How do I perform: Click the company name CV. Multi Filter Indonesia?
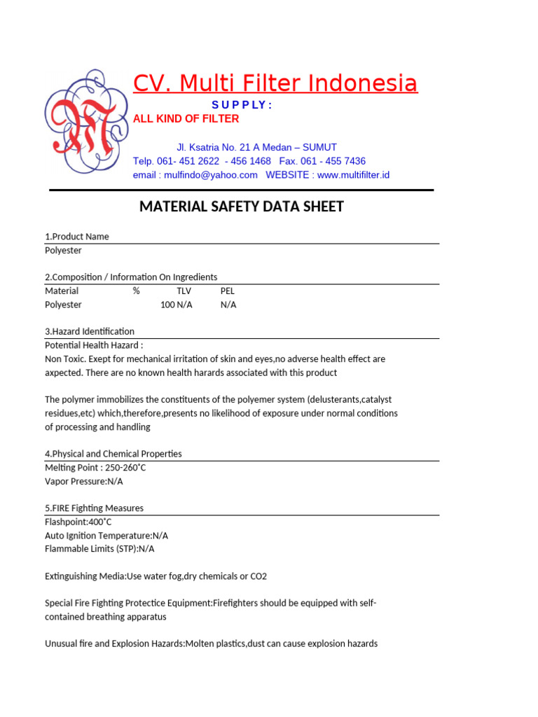point(275,83)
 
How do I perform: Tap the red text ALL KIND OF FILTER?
point(186,119)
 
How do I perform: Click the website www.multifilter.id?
point(353,175)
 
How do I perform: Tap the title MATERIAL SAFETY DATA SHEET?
point(242,207)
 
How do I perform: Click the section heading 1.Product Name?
point(77,237)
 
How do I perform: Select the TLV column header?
point(184,291)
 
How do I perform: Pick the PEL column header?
point(228,291)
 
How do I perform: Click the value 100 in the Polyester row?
point(167,305)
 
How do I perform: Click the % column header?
point(136,291)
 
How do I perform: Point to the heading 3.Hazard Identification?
point(90,331)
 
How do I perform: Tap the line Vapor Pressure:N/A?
point(78,481)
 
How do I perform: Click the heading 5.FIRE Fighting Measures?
point(94,508)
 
